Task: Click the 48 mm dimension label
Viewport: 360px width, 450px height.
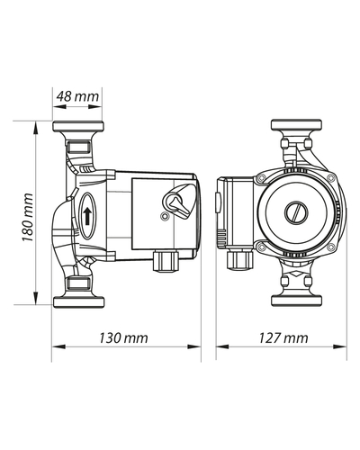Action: [x=77, y=96]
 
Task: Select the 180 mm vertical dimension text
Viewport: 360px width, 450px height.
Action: [x=27, y=218]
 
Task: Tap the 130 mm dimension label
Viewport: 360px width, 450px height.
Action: [x=123, y=338]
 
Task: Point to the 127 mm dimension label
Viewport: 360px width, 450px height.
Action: [x=283, y=338]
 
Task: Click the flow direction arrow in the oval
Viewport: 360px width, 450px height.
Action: [x=87, y=216]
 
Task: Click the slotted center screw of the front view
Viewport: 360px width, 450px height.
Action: [x=296, y=213]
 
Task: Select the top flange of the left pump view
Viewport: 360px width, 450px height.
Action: [x=78, y=126]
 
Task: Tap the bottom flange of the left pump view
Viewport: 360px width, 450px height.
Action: [x=78, y=301]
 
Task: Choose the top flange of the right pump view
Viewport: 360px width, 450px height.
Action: [x=296, y=125]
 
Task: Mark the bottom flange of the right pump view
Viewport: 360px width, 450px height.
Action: [x=296, y=301]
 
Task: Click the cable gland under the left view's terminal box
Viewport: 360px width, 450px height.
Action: [x=166, y=261]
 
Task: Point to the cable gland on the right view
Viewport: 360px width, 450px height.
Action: [x=240, y=260]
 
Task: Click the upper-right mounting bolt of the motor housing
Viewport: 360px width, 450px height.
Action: [x=330, y=177]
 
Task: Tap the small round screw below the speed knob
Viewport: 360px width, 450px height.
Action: [x=164, y=216]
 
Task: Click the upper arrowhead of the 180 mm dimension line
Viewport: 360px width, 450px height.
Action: [x=36, y=128]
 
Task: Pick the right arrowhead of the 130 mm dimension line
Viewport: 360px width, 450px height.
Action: [x=194, y=346]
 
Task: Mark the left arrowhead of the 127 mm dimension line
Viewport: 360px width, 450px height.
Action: [x=222, y=346]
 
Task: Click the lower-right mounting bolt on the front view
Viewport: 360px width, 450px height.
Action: [x=330, y=247]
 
